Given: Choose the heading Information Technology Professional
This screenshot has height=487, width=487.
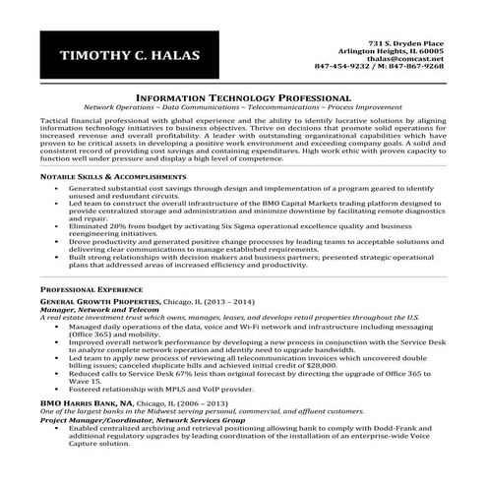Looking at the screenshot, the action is [242, 98].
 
